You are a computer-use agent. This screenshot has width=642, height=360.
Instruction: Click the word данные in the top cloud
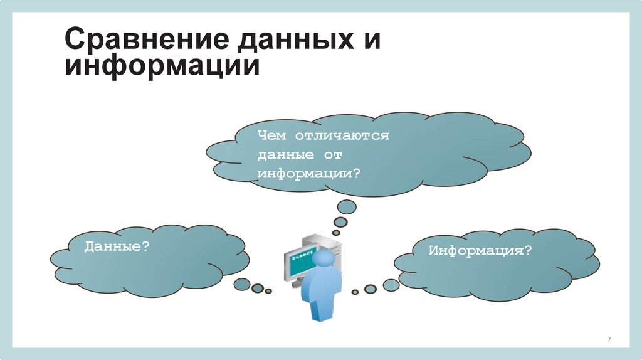click(x=282, y=154)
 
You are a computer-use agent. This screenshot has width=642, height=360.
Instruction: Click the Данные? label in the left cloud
click(x=117, y=247)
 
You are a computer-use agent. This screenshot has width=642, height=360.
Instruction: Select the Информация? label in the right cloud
click(x=480, y=251)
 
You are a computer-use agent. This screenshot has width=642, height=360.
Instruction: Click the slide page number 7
click(x=609, y=339)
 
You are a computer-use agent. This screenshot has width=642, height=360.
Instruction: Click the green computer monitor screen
click(x=300, y=260)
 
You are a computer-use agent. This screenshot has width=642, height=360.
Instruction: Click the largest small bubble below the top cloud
click(x=347, y=206)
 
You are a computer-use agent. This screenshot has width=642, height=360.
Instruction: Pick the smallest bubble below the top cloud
click(x=336, y=233)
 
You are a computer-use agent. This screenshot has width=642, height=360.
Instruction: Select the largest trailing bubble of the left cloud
click(x=241, y=284)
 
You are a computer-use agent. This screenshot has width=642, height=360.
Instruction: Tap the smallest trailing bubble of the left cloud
click(x=269, y=291)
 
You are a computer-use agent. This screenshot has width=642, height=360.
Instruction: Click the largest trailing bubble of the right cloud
click(x=391, y=285)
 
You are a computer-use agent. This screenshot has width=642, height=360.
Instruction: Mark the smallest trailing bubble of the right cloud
click(x=355, y=292)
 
